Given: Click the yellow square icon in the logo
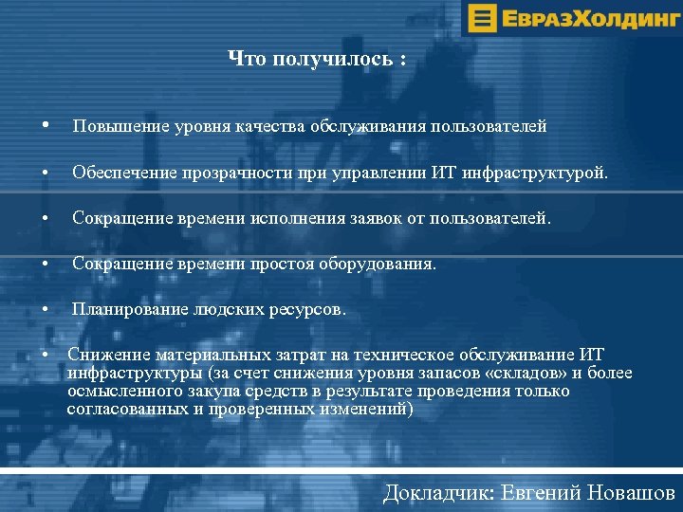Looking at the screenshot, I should (x=483, y=17).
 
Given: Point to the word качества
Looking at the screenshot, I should (x=270, y=126).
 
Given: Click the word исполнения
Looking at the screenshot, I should (x=293, y=219).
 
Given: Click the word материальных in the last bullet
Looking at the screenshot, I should (x=197, y=355).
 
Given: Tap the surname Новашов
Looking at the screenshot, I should (x=632, y=493).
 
